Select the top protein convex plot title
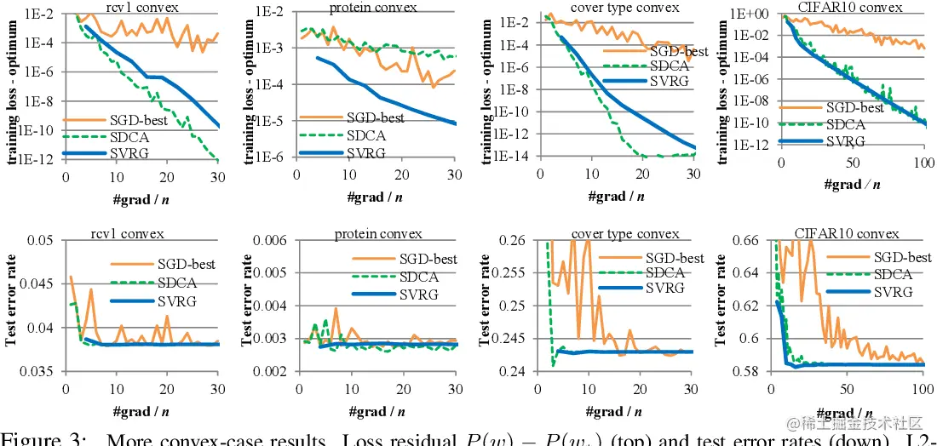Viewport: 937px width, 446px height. tap(373, 8)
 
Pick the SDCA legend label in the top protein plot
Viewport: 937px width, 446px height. tap(366, 135)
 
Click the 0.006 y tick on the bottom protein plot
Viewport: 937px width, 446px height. tap(277, 241)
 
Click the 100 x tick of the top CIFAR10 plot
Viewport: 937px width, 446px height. tap(924, 163)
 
